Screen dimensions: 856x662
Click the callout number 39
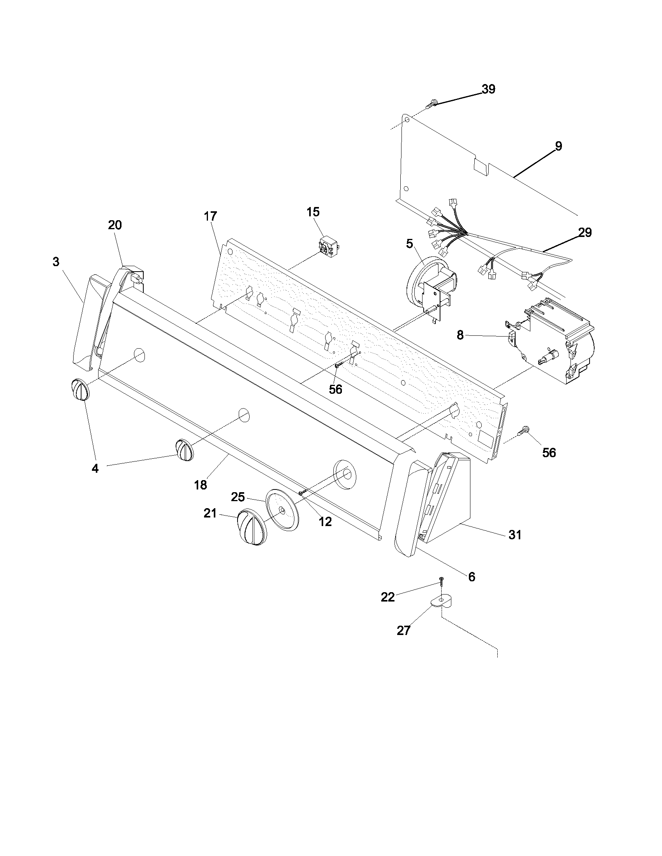(x=488, y=89)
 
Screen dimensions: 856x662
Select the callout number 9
(x=558, y=146)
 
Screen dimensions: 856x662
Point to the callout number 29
(x=585, y=232)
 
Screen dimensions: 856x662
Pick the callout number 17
(x=210, y=216)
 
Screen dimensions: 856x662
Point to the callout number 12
(x=325, y=521)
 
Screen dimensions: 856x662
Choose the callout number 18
(x=201, y=485)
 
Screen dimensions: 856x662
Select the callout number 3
(x=56, y=262)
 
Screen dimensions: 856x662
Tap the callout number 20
(x=115, y=225)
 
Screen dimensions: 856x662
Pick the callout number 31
(x=515, y=534)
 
